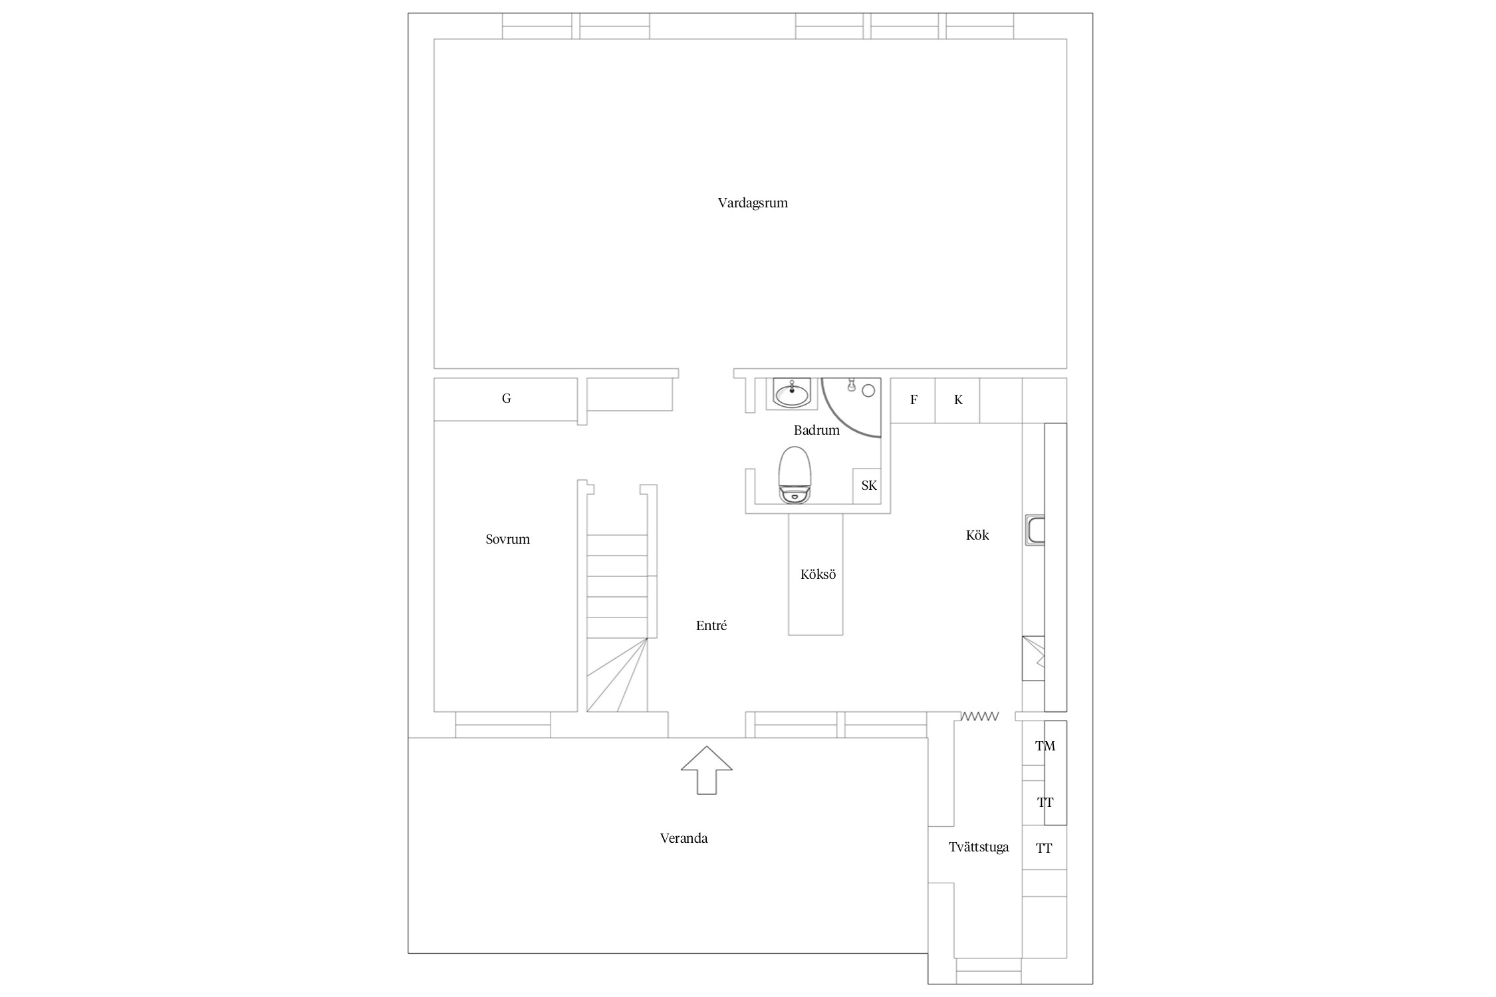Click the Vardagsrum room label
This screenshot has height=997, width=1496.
[753, 203]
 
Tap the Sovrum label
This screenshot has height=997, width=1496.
[507, 539]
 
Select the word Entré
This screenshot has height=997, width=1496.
[711, 625]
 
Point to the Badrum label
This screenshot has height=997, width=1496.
[816, 430]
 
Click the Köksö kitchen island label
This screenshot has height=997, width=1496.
[818, 574]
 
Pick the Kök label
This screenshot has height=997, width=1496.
[977, 535]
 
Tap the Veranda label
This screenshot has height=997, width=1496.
[684, 838]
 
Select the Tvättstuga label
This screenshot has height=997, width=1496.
[979, 847]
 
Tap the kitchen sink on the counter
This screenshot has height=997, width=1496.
[1035, 530]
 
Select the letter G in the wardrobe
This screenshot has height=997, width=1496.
[506, 398]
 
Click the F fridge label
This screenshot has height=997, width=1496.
[914, 399]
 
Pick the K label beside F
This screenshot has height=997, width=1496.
[958, 399]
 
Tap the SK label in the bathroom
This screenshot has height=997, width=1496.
[869, 485]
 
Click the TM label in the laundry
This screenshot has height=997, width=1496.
[1045, 746]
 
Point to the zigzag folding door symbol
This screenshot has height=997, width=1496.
[979, 716]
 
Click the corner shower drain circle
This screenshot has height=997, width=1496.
[868, 391]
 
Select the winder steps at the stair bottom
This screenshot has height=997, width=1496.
[617, 675]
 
